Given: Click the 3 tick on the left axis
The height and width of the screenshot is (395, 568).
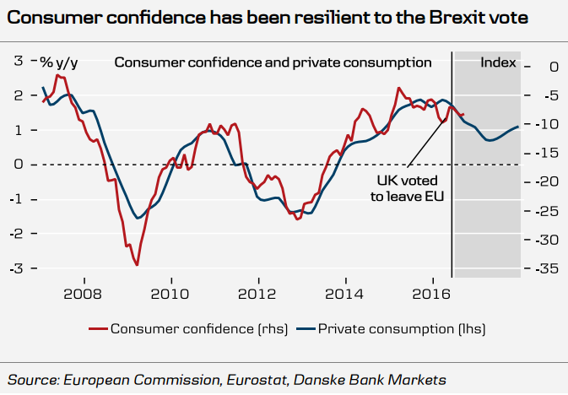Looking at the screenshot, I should [x=18, y=61].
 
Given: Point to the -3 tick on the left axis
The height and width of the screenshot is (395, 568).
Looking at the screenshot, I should [x=15, y=268].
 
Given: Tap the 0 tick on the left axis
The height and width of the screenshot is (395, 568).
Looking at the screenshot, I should [x=18, y=165].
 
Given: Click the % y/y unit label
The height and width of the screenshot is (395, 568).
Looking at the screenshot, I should [x=57, y=61].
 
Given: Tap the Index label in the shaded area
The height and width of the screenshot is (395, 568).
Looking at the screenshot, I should [x=498, y=62].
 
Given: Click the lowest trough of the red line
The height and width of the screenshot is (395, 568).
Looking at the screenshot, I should [x=136, y=264].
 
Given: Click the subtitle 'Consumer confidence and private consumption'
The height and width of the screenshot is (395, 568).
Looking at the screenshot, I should [x=273, y=62].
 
